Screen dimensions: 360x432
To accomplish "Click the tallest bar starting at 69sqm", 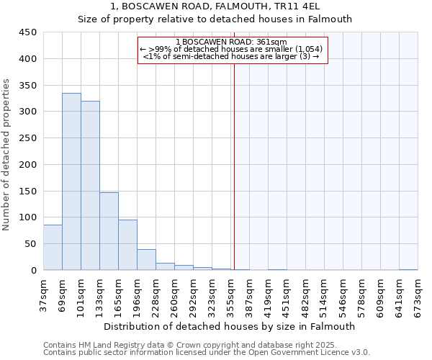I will (71, 181).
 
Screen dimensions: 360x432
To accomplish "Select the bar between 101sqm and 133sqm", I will (90, 186).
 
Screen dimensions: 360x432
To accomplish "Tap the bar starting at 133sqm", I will (109, 231).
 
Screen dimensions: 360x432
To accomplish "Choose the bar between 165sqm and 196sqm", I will (127, 245).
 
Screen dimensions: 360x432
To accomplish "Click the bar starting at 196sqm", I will (146, 259).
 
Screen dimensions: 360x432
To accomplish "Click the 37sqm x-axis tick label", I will (43, 293).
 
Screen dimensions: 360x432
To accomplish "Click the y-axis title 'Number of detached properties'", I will (7, 155).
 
